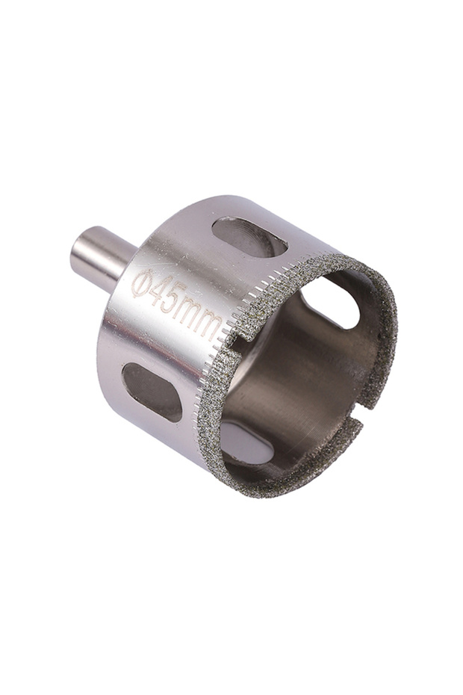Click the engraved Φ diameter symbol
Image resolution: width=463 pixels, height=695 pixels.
tap(141, 284)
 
